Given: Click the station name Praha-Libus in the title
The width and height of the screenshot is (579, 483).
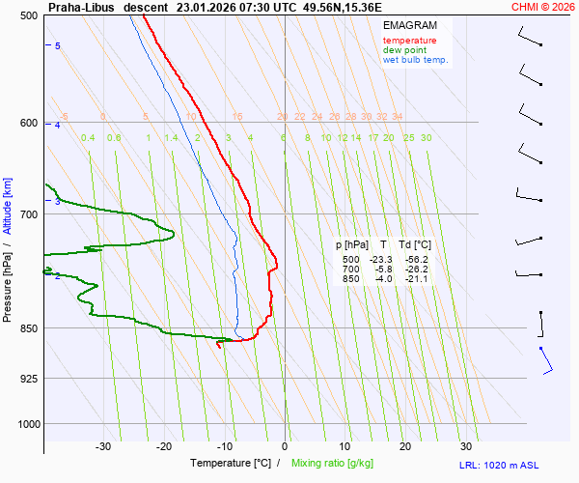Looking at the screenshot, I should [x=80, y=7].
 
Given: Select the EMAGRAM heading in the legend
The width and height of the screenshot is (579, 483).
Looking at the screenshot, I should [x=408, y=24].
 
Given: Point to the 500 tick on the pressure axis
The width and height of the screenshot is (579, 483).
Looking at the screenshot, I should [x=28, y=15].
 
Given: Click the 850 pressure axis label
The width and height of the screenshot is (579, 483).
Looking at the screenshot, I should [x=28, y=328].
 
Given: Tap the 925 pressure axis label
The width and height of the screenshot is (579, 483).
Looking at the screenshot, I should [x=28, y=378].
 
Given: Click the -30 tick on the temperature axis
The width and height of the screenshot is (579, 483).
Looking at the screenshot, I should [x=103, y=446].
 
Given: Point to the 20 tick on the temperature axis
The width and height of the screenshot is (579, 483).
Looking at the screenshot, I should [x=405, y=446].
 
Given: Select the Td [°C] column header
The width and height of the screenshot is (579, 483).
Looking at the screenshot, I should [x=418, y=244].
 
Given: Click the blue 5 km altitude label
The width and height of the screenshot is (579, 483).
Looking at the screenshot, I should [x=58, y=46].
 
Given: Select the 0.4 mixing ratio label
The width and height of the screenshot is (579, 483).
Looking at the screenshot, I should [x=88, y=138].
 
